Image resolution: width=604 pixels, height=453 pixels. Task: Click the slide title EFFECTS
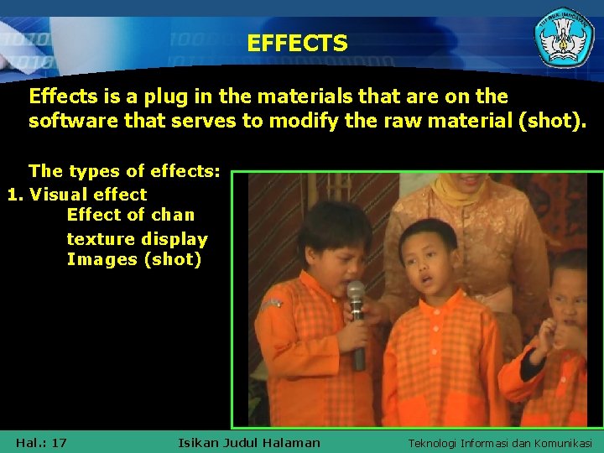pos(297,44)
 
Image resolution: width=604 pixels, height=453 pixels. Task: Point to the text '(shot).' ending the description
pos(553,121)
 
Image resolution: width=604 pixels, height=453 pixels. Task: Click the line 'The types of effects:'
pos(124,171)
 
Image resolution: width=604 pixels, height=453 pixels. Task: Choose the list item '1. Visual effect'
pos(77,194)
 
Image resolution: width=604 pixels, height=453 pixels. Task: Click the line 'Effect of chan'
pos(130,215)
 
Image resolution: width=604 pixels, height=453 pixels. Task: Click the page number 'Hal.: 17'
pos(41,442)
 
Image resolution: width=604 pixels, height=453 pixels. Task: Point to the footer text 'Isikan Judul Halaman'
pos(249,442)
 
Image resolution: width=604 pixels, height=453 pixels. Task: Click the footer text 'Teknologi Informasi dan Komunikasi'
pos(499,442)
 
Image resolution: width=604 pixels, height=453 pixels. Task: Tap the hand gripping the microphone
pos(352,334)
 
